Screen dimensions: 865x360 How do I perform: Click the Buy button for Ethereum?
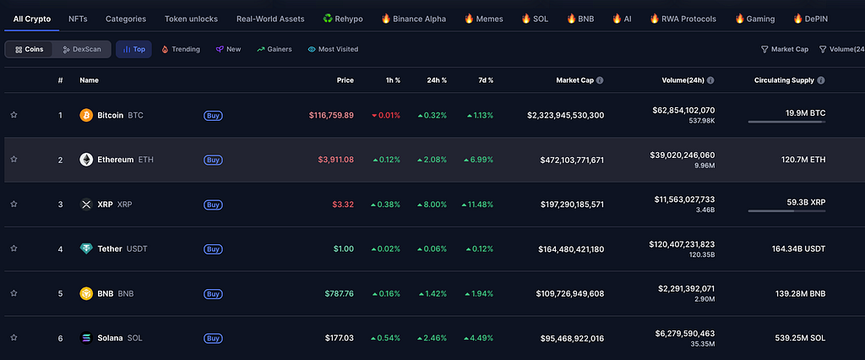coord(213,160)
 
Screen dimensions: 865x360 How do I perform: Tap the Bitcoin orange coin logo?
coord(86,116)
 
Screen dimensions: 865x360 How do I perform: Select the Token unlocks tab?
coord(191,19)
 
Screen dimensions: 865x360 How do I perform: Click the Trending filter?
coord(181,49)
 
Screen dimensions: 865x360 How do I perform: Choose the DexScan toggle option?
coord(82,49)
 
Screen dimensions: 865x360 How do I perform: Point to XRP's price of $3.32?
coord(343,205)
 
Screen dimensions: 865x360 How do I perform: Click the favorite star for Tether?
coord(14,248)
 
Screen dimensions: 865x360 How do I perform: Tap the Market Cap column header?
coord(574,80)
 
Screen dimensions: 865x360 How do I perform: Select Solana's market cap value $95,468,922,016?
coord(570,338)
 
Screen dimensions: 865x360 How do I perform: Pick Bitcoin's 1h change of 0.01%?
coord(385,116)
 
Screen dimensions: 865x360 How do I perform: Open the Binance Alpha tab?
coord(414,19)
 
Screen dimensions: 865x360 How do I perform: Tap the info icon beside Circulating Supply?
coord(821,80)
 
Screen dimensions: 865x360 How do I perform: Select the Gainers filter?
coord(275,49)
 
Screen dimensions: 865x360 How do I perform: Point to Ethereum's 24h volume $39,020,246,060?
coord(683,155)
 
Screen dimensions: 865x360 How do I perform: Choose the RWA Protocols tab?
coord(683,19)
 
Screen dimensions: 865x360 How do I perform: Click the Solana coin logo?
coord(86,338)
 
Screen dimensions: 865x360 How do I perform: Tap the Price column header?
coord(345,80)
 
